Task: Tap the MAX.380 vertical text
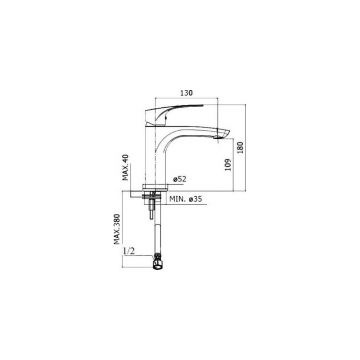coord(118,233)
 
